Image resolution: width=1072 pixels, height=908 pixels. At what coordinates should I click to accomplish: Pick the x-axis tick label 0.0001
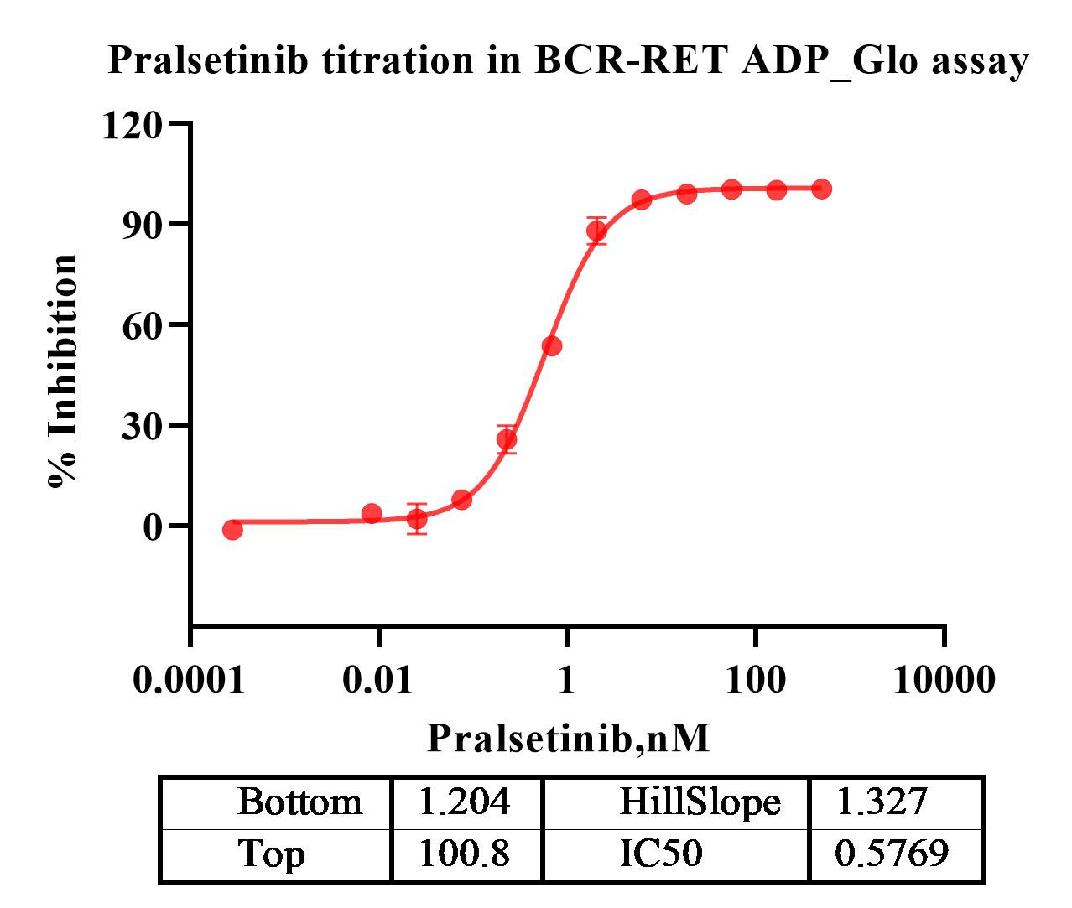point(190,679)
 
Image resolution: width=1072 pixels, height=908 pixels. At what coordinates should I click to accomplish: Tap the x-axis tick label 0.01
point(378,679)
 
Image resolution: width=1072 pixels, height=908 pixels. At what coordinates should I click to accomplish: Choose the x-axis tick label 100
point(756,679)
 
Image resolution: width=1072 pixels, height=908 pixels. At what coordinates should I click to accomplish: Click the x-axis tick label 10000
point(945,679)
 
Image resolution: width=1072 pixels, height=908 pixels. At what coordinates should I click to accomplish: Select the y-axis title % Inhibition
point(64,370)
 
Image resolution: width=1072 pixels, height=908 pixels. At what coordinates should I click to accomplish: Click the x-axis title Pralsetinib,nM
point(569,739)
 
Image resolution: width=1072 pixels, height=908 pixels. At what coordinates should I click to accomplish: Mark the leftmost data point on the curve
point(232,529)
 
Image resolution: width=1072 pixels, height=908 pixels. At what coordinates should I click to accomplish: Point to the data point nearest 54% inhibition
point(551,346)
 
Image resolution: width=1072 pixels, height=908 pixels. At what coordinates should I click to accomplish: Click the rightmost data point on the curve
point(822,189)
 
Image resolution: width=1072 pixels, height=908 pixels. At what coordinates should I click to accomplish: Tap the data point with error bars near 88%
point(596,231)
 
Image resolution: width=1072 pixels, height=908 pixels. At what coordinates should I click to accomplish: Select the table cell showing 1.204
point(464,802)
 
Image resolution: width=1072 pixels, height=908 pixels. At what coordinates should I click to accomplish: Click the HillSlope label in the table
point(700,802)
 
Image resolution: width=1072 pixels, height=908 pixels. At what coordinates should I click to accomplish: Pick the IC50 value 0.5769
point(892,854)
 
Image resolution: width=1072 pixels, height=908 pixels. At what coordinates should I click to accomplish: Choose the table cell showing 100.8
point(464,854)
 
